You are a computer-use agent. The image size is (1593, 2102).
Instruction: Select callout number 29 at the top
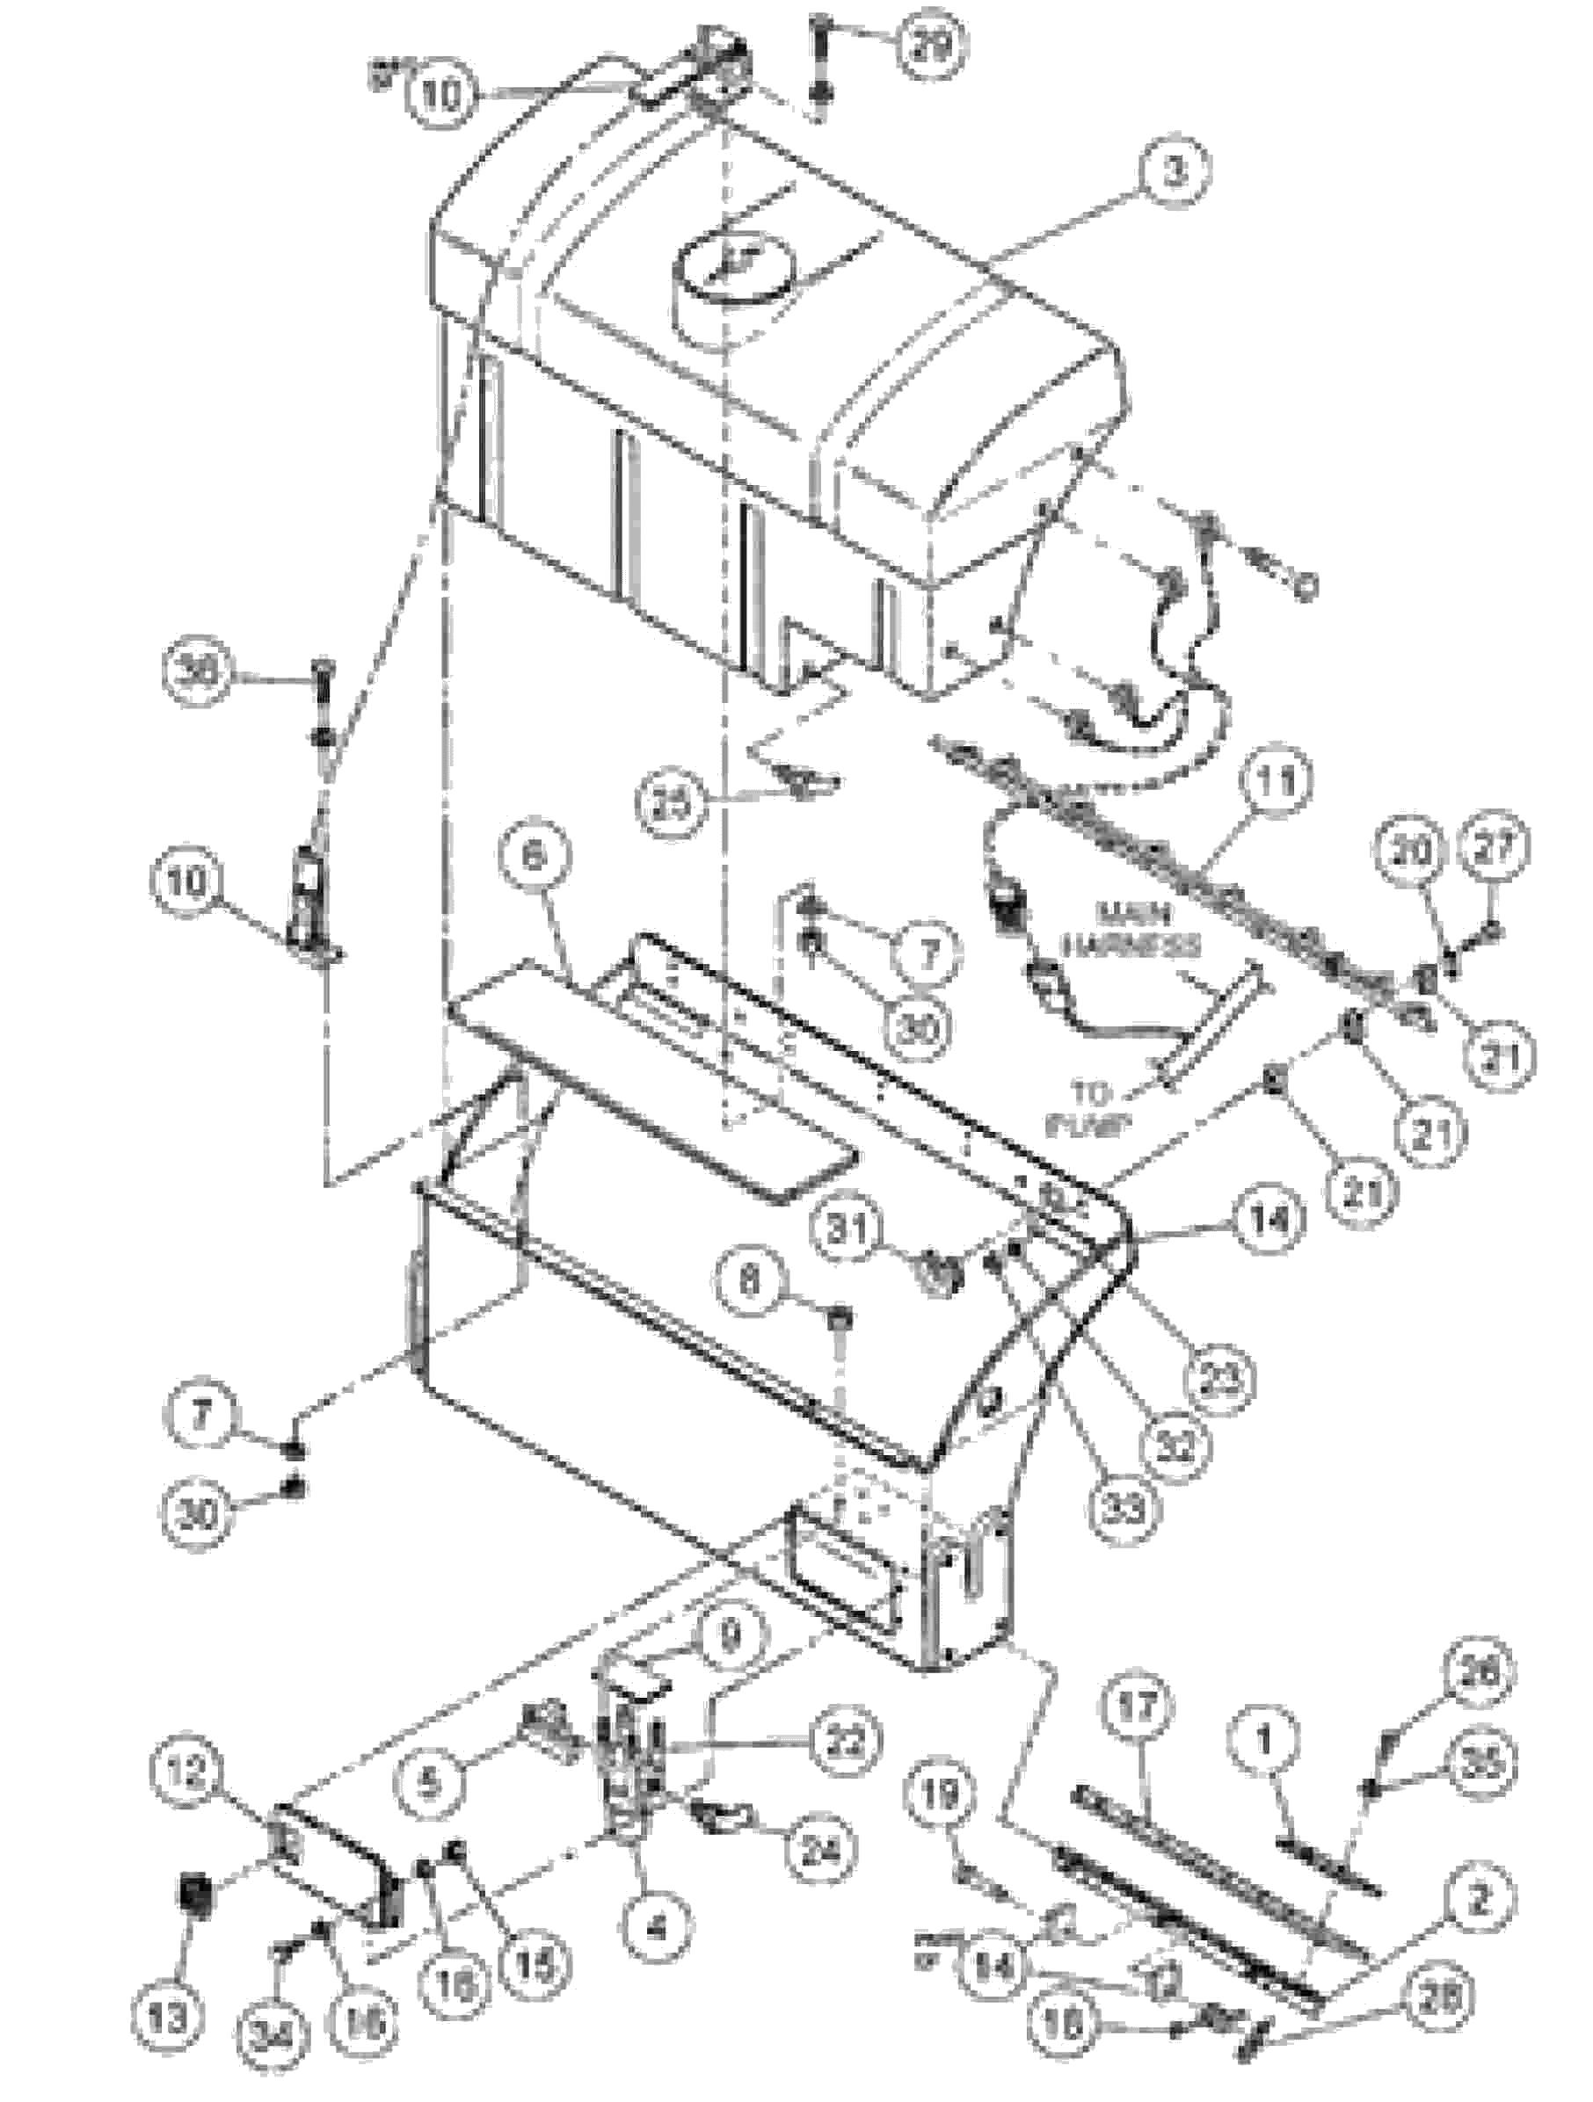pyautogui.click(x=928, y=47)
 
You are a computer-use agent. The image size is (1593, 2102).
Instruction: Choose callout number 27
pyautogui.click(x=1492, y=849)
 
